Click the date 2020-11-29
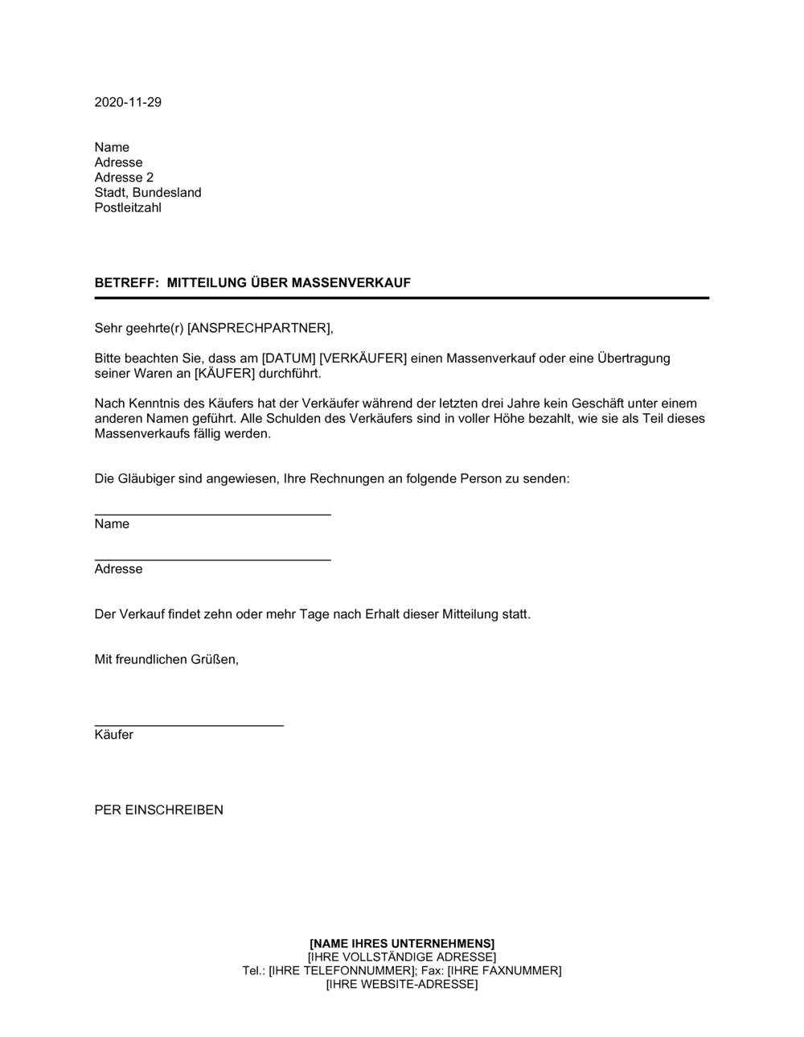pos(128,102)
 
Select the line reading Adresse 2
pos(124,178)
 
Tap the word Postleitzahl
pos(128,207)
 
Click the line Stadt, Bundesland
pos(148,193)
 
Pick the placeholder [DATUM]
pos(289,359)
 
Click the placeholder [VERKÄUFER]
pos(363,359)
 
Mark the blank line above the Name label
pos(212,514)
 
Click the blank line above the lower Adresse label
pos(212,559)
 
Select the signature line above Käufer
pos(189,725)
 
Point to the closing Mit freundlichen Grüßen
pos(166,659)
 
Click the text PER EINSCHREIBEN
pos(159,810)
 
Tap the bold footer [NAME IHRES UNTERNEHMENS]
pos(402,943)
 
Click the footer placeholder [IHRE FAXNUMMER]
pos(504,971)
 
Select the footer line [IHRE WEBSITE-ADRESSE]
pos(402,985)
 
